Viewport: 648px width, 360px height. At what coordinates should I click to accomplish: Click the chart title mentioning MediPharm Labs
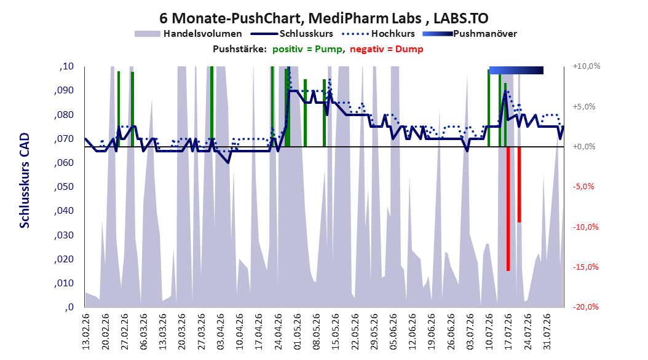click(323, 18)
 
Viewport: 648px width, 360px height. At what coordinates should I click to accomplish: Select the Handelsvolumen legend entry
click(189, 34)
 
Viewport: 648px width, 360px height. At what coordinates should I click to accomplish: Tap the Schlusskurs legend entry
click(293, 34)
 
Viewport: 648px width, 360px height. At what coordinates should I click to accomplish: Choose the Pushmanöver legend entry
click(470, 34)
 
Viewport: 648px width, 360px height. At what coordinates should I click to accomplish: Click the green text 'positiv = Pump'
click(307, 49)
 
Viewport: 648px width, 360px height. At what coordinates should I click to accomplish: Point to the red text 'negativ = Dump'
click(387, 49)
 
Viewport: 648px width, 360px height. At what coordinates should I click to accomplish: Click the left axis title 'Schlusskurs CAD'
click(25, 181)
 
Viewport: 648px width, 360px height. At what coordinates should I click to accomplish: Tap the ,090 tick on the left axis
click(64, 90)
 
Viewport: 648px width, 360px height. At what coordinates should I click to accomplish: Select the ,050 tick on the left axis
click(64, 187)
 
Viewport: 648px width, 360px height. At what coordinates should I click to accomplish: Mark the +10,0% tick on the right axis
click(587, 66)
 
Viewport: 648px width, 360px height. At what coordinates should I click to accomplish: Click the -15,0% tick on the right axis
click(585, 267)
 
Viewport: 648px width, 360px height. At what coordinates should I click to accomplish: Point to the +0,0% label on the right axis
click(584, 147)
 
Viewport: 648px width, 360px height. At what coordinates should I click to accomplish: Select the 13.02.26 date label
click(86, 332)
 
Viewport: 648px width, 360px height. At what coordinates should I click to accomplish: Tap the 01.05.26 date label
click(298, 332)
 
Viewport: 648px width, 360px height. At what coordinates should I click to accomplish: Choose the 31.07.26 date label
click(547, 332)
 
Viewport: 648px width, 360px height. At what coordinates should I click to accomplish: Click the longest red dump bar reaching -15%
click(508, 208)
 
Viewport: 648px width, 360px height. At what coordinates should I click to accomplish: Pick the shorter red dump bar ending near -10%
click(519, 184)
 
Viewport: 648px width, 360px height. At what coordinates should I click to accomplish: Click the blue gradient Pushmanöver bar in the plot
click(516, 70)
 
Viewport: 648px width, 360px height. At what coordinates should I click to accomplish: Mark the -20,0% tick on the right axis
click(585, 307)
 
